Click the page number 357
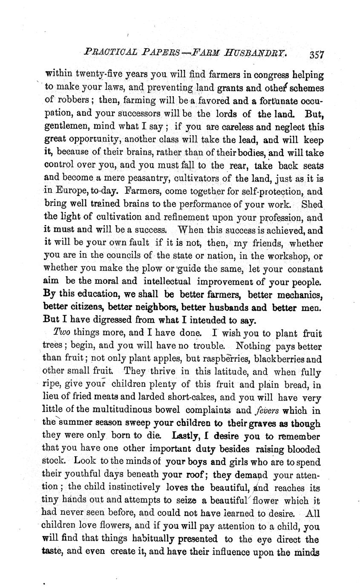coord(317,55)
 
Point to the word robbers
coord(75,101)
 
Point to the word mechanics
coord(297,294)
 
